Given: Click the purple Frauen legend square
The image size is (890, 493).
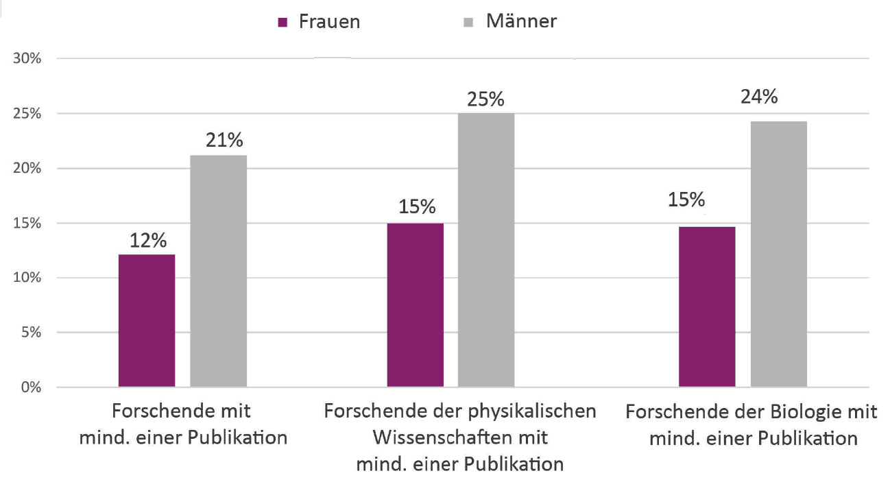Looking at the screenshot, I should (x=282, y=23).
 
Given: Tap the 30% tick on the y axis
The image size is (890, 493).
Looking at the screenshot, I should (x=27, y=59).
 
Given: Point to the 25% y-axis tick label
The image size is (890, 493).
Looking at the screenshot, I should (x=27, y=114).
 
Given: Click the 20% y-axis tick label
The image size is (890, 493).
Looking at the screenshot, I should (x=27, y=169).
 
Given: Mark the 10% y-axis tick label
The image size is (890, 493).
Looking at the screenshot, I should (x=27, y=278).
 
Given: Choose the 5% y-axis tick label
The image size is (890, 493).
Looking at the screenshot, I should (x=31, y=333).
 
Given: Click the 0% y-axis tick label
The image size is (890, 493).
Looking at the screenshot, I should (x=31, y=388).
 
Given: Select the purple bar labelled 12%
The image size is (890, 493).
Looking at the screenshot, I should (x=147, y=321).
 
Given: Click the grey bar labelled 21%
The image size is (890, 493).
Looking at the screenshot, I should (x=218, y=272).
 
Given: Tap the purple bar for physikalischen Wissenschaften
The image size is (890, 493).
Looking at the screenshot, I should (x=415, y=305).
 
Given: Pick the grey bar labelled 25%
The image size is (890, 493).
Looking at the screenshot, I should (x=486, y=250).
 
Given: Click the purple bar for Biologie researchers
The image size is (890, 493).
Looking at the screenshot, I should (x=707, y=306).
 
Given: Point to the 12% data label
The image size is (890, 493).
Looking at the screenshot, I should (x=149, y=241).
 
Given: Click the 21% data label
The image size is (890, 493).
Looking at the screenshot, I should (x=224, y=141).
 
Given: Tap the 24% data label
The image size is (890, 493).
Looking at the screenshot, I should (x=759, y=97).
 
